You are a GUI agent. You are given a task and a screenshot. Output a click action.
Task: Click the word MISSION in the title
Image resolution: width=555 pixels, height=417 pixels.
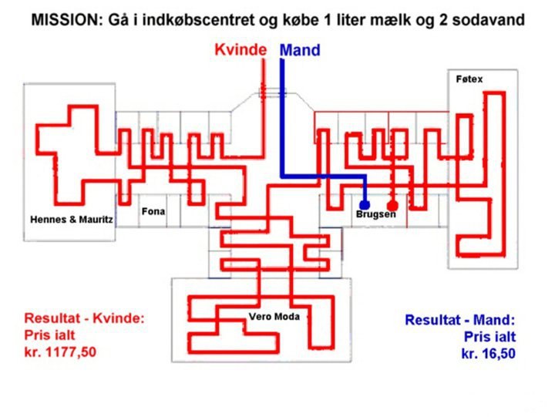coord(66,19)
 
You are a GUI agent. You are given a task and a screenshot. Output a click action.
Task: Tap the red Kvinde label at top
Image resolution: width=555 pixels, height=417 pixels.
coord(240,49)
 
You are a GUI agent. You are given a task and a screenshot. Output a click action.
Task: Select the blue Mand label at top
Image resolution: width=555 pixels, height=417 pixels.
coord(300,50)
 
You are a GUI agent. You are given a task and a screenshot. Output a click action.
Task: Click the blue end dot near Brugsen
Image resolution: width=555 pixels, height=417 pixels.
coord(364,205)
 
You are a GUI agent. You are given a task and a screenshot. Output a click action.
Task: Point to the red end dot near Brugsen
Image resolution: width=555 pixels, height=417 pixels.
coord(392,206)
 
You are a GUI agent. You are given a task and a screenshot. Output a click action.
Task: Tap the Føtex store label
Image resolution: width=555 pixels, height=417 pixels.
coord(469,79)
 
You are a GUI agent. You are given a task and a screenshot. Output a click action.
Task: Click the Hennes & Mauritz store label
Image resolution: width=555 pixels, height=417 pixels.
coord(72,220)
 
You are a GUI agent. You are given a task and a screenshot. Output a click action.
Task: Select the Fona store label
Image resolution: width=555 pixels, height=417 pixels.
coord(153,211)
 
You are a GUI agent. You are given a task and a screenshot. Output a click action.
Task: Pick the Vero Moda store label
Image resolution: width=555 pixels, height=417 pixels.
coord(274,317)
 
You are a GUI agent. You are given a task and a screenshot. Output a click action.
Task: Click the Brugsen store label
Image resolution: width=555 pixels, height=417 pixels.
coord(376,214)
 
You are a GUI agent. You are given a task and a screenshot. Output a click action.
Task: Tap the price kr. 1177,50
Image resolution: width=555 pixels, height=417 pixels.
coord(60,352)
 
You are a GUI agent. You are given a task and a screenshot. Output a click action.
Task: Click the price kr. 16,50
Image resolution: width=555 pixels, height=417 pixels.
coord(489,354)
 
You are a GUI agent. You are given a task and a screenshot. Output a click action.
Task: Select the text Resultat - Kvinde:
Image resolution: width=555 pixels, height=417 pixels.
coord(84,318)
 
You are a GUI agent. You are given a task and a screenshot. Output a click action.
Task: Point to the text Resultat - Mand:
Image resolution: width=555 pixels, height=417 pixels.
coord(460,320)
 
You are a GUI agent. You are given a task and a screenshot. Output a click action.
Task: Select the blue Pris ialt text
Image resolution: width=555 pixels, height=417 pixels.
coord(490,337)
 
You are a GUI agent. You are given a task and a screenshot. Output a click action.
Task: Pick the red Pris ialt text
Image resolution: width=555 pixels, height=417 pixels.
coord(49,335)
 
